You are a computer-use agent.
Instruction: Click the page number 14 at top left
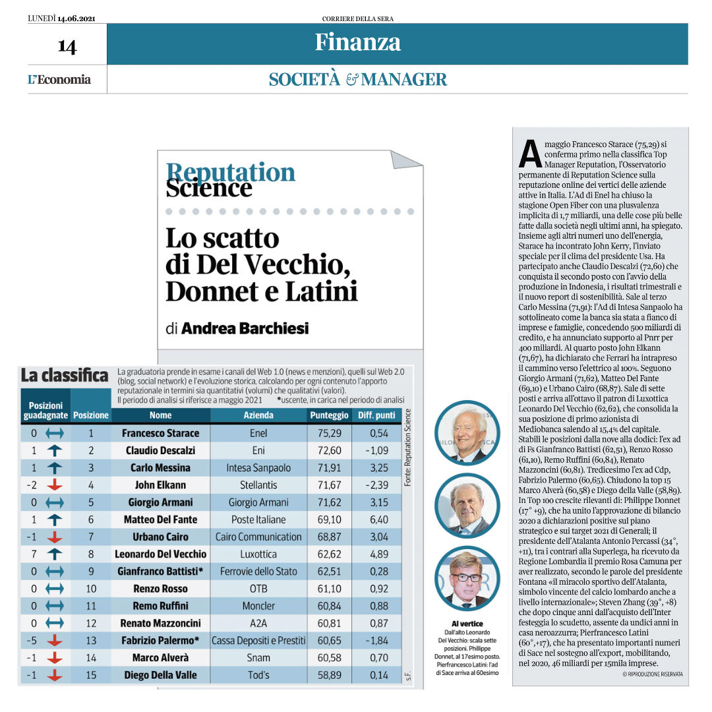click(67, 46)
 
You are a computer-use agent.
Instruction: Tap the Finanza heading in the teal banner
click(357, 42)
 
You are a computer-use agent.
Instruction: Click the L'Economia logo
click(59, 80)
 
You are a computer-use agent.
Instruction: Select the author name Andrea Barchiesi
click(245, 328)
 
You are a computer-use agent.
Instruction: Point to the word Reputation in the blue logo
click(231, 172)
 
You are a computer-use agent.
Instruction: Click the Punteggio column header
click(329, 415)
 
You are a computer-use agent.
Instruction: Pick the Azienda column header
click(258, 415)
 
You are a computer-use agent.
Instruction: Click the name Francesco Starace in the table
click(160, 433)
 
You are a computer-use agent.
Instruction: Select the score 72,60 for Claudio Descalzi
click(329, 450)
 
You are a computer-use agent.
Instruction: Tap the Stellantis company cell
click(258, 485)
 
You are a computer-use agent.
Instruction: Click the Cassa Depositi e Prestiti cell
click(258, 640)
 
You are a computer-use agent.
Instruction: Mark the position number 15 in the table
click(91, 675)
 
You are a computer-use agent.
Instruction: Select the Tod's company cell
click(258, 675)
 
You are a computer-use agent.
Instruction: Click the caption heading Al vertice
click(467, 624)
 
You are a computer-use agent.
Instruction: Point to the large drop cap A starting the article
click(529, 154)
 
